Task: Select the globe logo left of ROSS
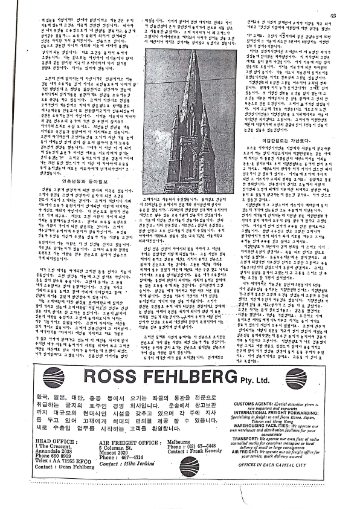pyautogui.click(x=54, y=377)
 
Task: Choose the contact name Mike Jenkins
pyautogui.click(x=132, y=461)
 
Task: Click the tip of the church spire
pyautogui.click(x=193, y=51)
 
